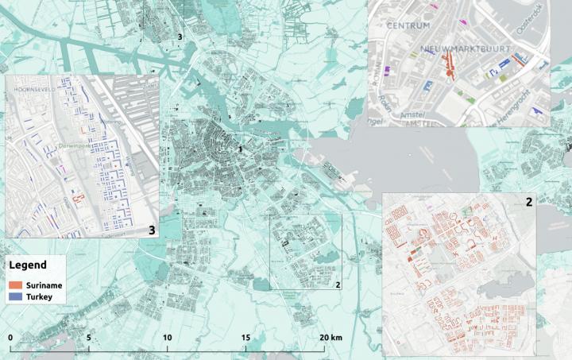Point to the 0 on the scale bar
point(10,337)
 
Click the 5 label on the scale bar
point(89,337)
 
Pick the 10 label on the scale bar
point(167,337)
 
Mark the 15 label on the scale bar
point(245,337)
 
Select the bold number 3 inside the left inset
point(152,230)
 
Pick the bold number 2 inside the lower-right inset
point(528,202)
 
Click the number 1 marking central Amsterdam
point(239,149)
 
